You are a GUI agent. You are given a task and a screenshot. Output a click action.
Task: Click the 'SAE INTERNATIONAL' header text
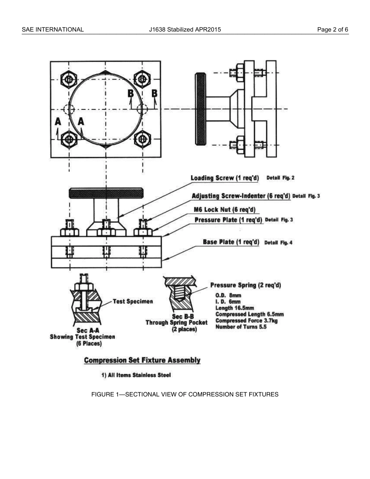53,29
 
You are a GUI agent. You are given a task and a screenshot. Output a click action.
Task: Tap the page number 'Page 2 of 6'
333,29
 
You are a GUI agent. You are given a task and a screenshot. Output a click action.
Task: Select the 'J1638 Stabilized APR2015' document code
185,29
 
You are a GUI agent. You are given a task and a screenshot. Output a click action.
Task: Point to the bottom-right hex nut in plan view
143,139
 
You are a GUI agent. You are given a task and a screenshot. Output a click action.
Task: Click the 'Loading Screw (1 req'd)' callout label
225,178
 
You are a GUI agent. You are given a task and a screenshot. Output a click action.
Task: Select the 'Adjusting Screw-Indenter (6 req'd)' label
241,196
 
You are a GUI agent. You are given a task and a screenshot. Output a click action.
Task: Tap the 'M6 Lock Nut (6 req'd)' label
224,210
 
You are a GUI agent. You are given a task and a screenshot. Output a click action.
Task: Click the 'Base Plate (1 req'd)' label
231,242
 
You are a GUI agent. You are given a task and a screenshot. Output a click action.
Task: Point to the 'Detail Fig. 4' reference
278,243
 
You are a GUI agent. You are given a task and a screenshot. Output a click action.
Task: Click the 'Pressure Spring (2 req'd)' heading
245,285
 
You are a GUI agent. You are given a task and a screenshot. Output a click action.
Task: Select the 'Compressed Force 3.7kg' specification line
246,321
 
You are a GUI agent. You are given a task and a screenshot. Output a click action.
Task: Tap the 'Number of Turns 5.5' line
241,327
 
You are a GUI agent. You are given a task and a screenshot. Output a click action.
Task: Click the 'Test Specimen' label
132,301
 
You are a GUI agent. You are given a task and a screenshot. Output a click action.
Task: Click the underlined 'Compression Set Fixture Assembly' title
142,360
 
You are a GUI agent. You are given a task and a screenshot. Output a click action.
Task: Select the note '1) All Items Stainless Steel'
136,375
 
